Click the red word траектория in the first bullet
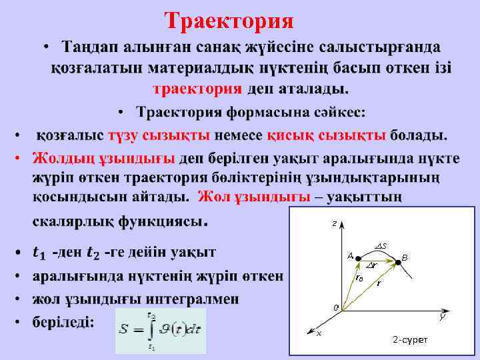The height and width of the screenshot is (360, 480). pos(197,89)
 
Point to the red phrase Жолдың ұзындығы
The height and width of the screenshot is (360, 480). pos(103,159)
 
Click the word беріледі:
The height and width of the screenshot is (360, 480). pos(64,323)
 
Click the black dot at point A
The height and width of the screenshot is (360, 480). pos(358,257)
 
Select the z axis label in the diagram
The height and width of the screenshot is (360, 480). pos(334,224)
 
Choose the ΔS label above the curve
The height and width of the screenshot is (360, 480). pos(382,246)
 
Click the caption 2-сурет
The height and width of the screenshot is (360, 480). pos(410,340)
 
